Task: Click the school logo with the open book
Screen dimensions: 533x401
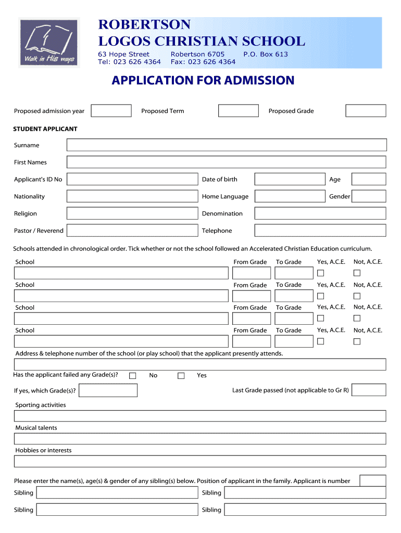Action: pos(49,43)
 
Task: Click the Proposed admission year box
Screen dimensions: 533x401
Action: pos(111,111)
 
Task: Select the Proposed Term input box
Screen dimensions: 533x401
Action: pos(238,111)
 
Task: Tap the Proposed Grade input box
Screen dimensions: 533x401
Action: pos(366,111)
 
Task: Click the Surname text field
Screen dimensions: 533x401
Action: pos(227,145)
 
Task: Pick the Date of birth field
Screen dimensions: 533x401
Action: pos(290,180)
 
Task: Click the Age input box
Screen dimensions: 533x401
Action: pos(369,180)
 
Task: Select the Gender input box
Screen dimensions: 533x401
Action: pos(369,196)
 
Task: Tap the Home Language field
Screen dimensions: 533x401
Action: pos(290,196)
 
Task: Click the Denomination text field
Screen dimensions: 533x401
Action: pos(320,213)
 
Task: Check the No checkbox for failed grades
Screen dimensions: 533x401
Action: pos(133,376)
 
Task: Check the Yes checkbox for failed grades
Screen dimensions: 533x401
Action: pos(181,376)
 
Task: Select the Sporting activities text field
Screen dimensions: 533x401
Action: pos(200,416)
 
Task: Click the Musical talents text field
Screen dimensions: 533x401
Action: pos(200,439)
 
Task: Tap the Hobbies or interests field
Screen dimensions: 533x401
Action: pos(200,462)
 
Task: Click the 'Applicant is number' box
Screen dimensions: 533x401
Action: pos(373,481)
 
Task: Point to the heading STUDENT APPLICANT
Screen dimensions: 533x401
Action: pos(45,129)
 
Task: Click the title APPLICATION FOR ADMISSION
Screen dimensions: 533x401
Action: pos(203,81)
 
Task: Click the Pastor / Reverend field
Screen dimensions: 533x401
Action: pos(132,231)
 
